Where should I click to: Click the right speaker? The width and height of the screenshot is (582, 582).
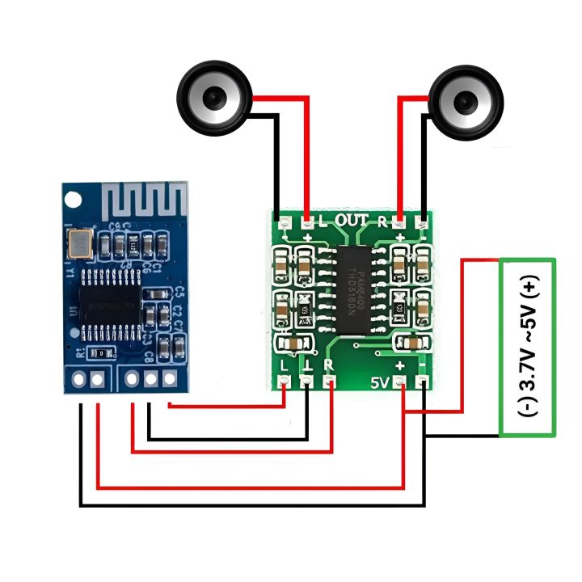tap(466, 100)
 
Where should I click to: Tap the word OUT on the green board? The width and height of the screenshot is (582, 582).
tap(351, 220)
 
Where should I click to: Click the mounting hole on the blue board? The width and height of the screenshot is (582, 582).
tap(75, 198)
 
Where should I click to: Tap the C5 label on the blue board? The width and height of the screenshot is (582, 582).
tap(179, 292)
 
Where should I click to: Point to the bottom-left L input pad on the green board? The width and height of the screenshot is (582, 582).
tap(285, 381)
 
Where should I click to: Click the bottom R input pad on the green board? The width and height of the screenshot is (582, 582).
tap(330, 381)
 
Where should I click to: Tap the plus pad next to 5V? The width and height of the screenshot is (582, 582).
tap(402, 382)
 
